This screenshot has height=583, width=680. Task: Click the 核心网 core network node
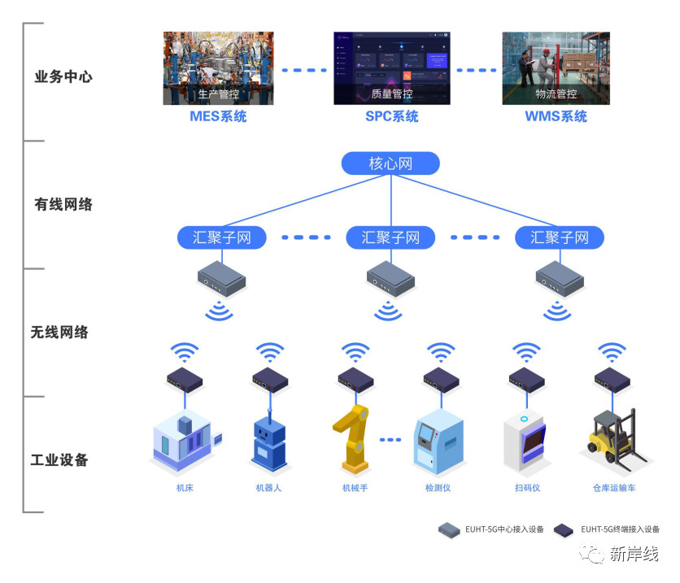click(390, 163)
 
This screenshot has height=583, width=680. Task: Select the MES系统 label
click(218, 116)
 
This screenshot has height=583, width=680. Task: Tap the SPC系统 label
click(391, 116)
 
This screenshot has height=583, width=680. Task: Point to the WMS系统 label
click(556, 116)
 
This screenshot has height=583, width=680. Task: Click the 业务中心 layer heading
click(63, 77)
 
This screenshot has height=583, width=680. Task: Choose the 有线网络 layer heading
click(63, 204)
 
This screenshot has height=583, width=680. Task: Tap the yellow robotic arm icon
click(353, 440)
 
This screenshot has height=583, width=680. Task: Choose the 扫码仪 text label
click(527, 489)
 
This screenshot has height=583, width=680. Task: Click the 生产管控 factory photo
click(218, 67)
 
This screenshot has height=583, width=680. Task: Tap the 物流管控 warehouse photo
click(556, 67)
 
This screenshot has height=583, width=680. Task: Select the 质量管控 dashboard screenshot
click(391, 67)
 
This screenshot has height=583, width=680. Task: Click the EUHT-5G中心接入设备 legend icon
click(449, 530)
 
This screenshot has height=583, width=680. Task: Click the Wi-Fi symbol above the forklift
click(612, 352)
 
